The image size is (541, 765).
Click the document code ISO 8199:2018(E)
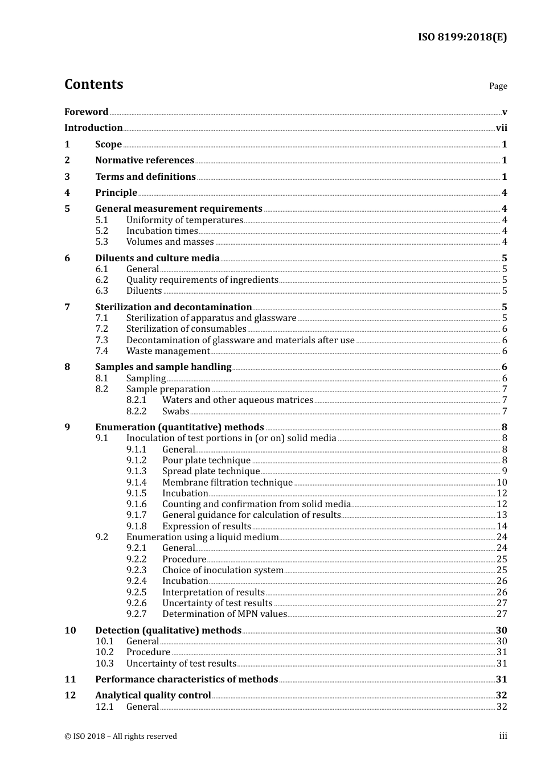[462, 38]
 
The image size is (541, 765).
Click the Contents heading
[93, 84]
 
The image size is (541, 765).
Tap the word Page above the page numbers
[498, 86]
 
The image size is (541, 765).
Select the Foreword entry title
[86, 112]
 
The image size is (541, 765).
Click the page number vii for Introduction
[501, 128]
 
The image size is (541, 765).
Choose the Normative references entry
[145, 161]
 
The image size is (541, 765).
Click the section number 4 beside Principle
[67, 193]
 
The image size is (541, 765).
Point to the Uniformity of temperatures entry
[185, 220]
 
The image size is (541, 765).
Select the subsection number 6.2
[101, 280]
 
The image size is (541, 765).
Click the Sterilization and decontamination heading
[173, 307]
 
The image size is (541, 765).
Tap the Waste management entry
[168, 351]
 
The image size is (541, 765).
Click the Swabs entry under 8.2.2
[175, 412]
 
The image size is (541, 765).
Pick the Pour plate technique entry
[206, 460]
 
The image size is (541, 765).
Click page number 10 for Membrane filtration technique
[502, 483]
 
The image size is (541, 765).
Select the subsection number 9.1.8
[136, 527]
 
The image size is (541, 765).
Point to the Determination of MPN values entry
[224, 614]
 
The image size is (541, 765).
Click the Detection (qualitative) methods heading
[168, 631]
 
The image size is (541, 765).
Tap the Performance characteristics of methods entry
[186, 680]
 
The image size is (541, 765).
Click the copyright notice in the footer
[121, 737]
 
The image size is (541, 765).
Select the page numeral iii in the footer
[503, 736]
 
